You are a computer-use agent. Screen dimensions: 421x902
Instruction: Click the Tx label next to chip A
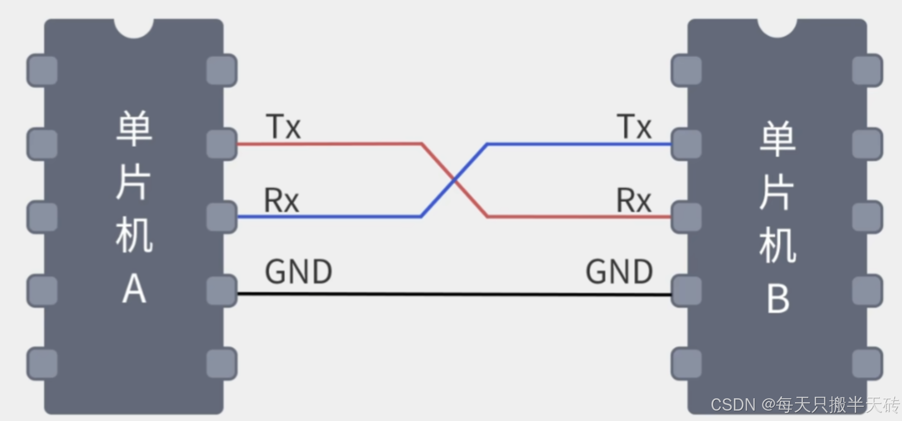[283, 126]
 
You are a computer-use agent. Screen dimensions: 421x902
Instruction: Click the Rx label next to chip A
[281, 200]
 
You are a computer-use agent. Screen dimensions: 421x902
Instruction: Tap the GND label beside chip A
[299, 271]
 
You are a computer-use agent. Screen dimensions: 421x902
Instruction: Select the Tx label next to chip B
[634, 126]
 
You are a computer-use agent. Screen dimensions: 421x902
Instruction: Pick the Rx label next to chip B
[634, 200]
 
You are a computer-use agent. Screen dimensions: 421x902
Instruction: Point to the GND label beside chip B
[619, 271]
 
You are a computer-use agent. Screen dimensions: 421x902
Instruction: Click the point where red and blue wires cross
[454, 181]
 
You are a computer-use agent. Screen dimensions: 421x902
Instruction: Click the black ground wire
[453, 294]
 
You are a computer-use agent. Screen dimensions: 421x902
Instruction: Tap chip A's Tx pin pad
[221, 144]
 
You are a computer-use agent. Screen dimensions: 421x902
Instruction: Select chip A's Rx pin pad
[221, 217]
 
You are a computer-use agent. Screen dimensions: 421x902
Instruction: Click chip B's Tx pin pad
[686, 144]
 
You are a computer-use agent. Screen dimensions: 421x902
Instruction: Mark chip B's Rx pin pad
[686, 217]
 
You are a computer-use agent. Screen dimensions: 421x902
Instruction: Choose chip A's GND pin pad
[221, 291]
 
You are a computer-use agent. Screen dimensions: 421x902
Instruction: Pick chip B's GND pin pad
[686, 291]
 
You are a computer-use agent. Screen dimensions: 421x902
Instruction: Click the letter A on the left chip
[134, 289]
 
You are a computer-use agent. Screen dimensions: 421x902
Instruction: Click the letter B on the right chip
[778, 299]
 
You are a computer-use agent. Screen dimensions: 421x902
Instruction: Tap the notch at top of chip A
[134, 28]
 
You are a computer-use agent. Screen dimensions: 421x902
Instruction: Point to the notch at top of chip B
[777, 28]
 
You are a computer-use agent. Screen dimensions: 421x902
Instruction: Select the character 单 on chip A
[134, 128]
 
